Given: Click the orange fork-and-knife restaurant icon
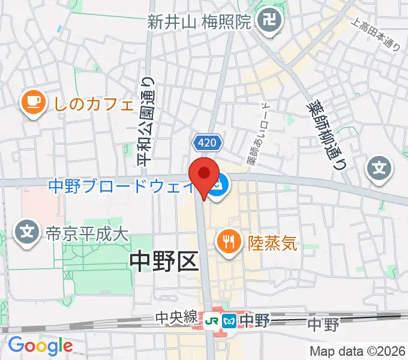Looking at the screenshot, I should pyautogui.click(x=228, y=242).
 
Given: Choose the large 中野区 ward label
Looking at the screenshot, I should pyautogui.click(x=164, y=262).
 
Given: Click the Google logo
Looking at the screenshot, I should pyautogui.click(x=40, y=346).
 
